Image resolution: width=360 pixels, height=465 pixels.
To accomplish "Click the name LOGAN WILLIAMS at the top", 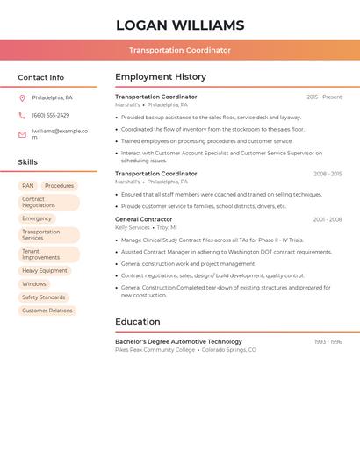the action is [180, 25].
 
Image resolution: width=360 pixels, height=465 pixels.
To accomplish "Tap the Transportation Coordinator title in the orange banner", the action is [180, 50].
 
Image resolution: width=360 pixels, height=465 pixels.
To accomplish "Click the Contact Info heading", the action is [41, 77].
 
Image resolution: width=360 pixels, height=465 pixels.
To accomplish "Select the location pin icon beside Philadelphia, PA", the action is [22, 97].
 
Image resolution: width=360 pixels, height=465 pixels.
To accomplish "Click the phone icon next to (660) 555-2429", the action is [22, 115].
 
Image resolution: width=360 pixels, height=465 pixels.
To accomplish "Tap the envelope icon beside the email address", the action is [22, 134].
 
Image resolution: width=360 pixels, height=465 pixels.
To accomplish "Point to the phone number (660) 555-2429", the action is [50, 115].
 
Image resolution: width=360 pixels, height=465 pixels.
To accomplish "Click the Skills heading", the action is [28, 162].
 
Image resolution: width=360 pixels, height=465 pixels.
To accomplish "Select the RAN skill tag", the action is [28, 186].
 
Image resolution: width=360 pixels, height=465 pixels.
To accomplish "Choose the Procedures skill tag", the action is [59, 186].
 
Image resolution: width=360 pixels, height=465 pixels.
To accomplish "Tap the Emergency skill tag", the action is [37, 218].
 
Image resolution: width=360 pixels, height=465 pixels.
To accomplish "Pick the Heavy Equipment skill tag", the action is [45, 271].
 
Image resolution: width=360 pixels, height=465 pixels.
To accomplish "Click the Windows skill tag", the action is [34, 284].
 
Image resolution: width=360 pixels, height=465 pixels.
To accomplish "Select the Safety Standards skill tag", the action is [44, 297].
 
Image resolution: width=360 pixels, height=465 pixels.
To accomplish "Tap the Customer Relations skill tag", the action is [47, 311].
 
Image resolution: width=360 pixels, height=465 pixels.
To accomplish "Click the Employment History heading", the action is [161, 77].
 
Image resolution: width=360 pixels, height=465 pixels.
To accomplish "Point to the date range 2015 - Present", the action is [324, 97].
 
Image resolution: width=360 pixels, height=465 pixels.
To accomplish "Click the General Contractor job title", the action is [144, 219].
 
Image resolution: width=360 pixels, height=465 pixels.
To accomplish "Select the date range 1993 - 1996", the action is [328, 341].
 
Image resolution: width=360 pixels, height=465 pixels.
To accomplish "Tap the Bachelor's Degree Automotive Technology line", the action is [178, 341].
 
